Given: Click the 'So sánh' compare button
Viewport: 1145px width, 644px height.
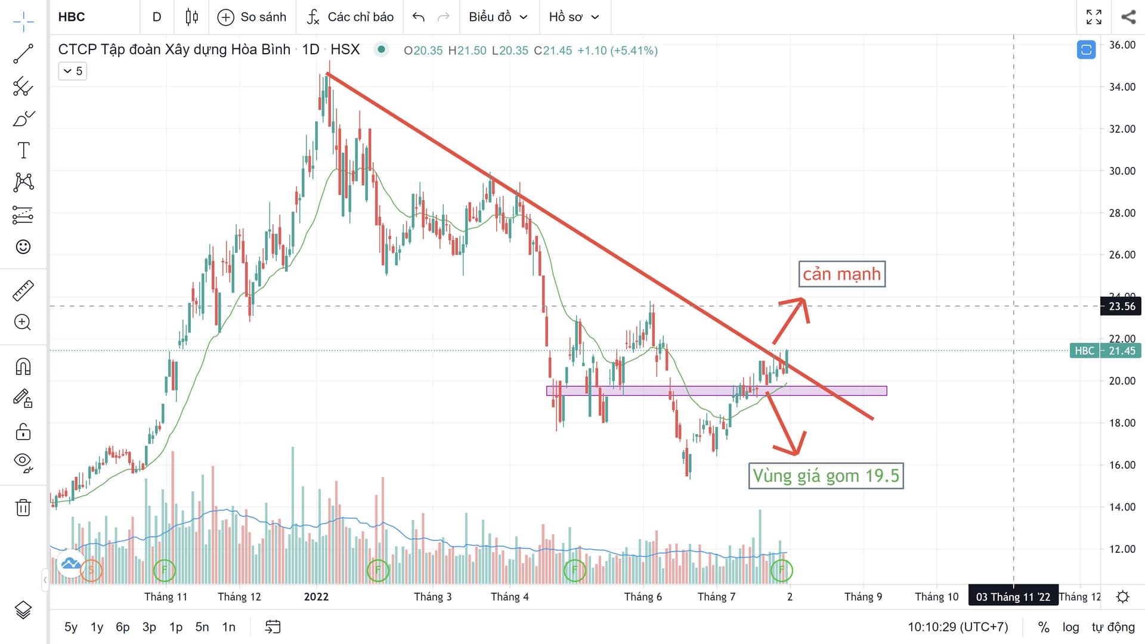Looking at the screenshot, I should coord(252,17).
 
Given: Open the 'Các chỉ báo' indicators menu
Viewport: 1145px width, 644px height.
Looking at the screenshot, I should coord(350,17).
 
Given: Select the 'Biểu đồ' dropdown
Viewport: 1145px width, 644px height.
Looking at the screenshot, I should coord(498,17).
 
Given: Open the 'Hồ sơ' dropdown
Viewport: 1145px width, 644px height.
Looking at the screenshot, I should coord(573,17).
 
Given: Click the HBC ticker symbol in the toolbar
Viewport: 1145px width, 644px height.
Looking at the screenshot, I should coord(72,17).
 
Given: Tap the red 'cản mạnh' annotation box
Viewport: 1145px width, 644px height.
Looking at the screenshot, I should coord(841,274).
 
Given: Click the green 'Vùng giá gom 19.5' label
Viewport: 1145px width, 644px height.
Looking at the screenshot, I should coord(825,476).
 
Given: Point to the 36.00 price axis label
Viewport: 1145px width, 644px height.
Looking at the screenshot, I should coord(1122,45).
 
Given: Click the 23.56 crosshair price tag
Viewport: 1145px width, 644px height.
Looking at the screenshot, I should coord(1121,306).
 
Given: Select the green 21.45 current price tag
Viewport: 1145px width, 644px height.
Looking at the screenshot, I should coord(1121,351).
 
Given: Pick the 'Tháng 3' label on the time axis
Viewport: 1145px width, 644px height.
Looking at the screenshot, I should coord(432,597).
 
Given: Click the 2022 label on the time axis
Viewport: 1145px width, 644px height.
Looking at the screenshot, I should coord(316,597).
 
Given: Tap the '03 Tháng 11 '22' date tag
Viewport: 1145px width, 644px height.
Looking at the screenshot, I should coord(1013,597).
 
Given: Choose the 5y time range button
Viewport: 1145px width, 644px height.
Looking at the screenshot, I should coord(70,627).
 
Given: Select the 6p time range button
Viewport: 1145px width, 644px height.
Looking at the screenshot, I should coord(122,627).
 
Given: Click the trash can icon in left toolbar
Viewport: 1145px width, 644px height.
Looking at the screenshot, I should coord(23,507).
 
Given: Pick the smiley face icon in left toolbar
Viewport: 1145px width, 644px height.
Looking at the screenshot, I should coord(23,247).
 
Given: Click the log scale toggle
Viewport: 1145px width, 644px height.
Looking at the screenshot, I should coord(1070,627).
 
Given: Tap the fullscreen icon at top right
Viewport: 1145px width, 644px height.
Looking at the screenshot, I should coord(1094,17).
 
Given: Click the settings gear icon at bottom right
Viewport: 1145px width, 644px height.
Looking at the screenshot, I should coord(1122,597).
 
